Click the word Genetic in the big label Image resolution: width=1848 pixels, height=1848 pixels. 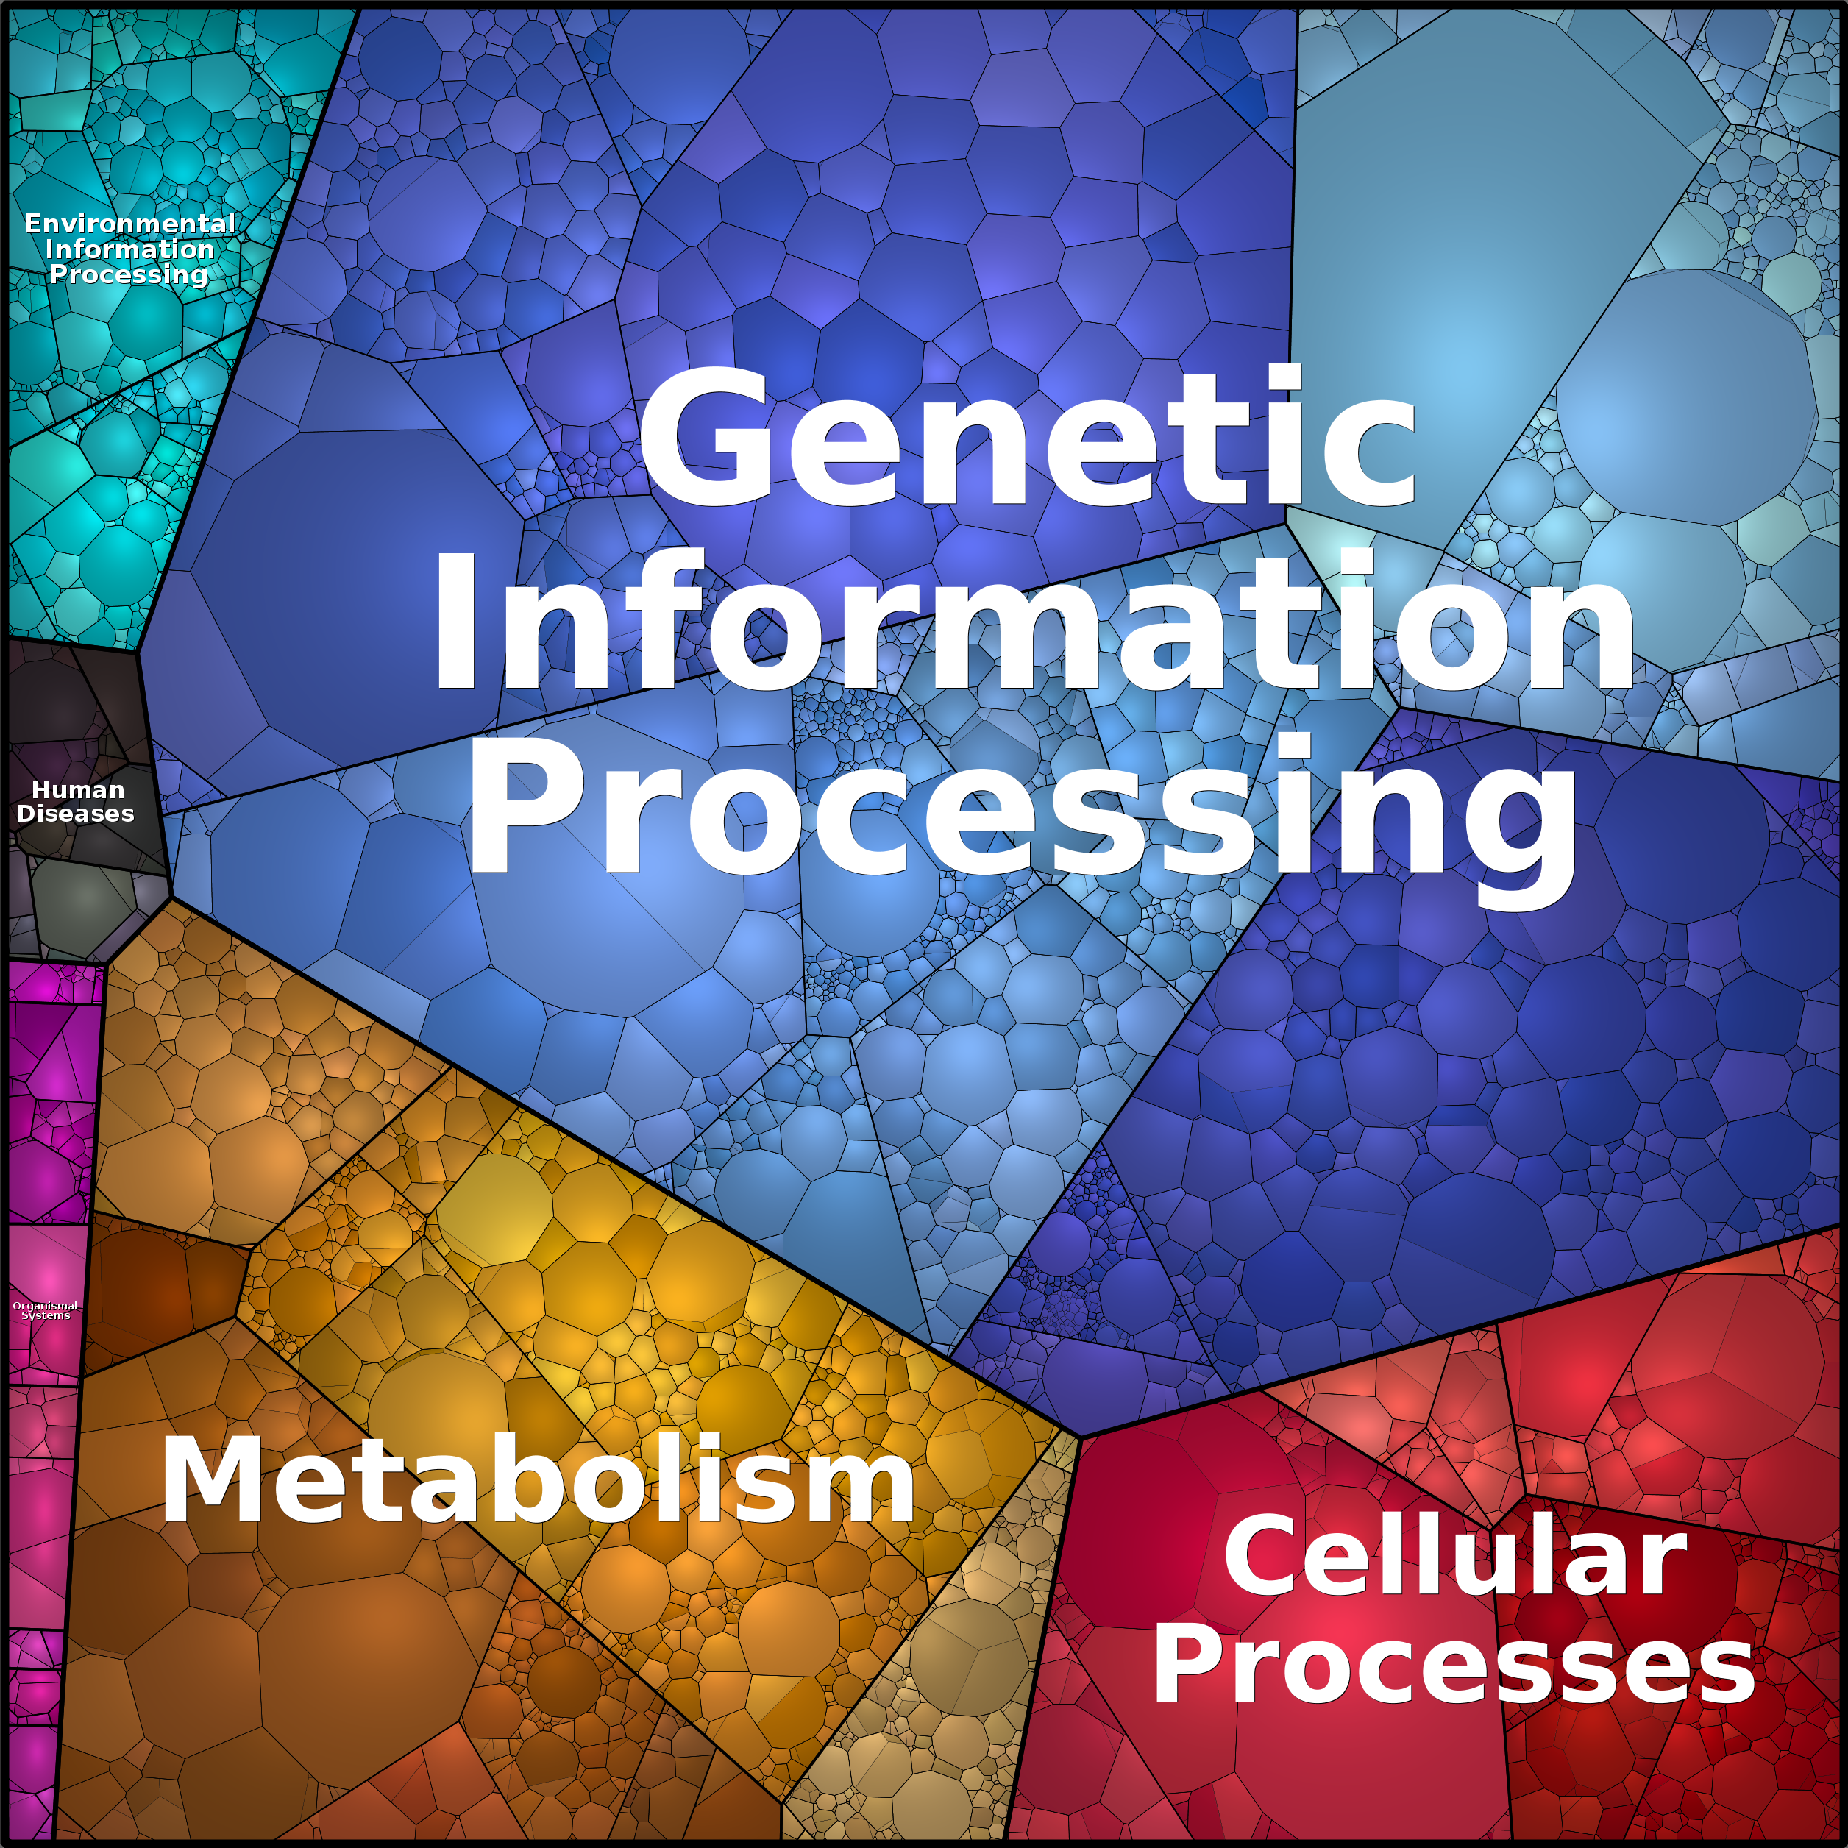(1027, 436)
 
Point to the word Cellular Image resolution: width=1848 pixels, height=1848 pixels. (1455, 1558)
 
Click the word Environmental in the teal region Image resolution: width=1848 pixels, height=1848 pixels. (130, 224)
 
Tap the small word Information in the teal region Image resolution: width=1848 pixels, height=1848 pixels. (130, 249)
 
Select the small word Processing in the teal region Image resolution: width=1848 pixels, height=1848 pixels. (129, 275)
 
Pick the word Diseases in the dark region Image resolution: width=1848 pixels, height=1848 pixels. (76, 814)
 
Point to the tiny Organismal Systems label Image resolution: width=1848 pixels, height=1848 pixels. (45, 1310)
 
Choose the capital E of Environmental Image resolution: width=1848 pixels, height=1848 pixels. (35, 224)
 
